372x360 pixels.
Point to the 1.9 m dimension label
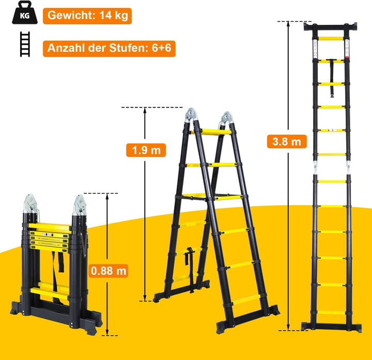point(145,150)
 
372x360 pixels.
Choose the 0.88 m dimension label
point(108,270)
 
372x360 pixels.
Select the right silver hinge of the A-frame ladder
point(225,119)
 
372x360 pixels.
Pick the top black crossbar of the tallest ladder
point(331,26)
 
